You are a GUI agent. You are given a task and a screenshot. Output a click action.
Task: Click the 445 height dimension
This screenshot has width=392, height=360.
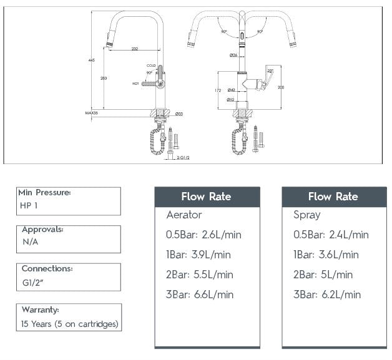(x=92, y=61)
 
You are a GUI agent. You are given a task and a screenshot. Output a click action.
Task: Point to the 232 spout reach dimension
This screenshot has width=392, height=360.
(x=135, y=49)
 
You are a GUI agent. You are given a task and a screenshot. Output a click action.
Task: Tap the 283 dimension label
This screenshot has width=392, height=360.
(x=103, y=79)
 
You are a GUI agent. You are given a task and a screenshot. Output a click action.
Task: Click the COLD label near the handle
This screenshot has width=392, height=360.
(x=151, y=66)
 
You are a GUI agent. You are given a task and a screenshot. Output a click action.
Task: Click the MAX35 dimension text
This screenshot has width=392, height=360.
(x=92, y=114)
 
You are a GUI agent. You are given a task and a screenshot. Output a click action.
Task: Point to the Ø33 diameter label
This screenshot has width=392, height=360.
(x=179, y=114)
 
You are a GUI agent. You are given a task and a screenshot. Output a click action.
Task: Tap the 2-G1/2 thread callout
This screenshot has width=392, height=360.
(x=183, y=158)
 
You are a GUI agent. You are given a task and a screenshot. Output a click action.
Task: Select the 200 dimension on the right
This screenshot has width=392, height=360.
(x=281, y=87)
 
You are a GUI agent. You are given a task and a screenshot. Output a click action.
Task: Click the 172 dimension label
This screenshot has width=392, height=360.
(x=218, y=91)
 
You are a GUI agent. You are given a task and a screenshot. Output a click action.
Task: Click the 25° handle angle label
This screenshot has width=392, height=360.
(x=270, y=71)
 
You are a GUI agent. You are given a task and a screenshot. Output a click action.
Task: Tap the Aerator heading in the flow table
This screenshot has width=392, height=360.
(x=184, y=215)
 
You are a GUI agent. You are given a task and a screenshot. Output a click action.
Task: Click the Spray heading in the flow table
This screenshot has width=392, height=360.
(x=307, y=215)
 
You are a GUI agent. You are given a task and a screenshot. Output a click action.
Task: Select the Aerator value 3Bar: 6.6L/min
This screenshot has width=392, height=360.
(x=200, y=294)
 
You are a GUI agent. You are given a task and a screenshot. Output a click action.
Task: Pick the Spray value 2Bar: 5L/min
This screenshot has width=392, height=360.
(x=323, y=275)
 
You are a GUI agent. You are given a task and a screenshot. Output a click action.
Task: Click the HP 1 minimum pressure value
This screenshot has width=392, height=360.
(x=29, y=206)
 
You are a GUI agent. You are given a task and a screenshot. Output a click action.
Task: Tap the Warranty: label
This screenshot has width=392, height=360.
(x=40, y=309)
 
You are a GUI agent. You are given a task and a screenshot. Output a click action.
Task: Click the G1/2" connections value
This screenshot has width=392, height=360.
(x=34, y=283)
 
